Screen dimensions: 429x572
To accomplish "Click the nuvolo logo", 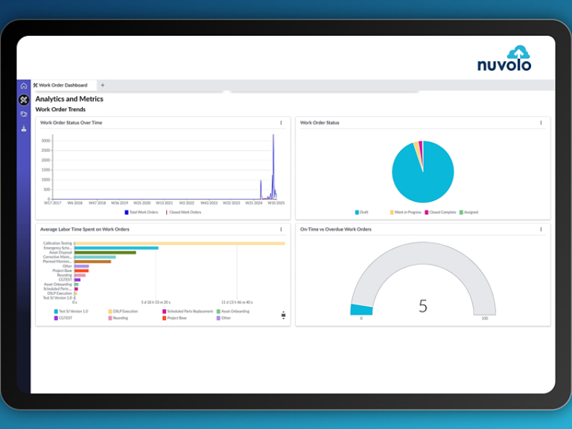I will click(504, 59).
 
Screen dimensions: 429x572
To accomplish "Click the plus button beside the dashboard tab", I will click(103, 86).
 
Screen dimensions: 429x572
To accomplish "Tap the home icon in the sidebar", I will click(24, 86).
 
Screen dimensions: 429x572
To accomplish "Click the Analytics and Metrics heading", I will click(69, 99).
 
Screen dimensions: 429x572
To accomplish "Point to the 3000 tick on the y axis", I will click(46, 140).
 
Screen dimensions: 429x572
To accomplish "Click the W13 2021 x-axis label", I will click(164, 203).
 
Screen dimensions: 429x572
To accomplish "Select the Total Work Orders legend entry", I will click(142, 212).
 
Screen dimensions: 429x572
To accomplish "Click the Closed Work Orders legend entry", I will click(184, 212).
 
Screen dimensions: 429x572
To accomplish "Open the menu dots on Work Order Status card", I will click(541, 123).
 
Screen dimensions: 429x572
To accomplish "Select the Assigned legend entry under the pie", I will click(468, 212).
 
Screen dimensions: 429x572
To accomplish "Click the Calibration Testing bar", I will click(179, 243).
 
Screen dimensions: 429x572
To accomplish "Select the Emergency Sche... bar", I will click(116, 248).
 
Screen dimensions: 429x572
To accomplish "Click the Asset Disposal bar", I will click(104, 252).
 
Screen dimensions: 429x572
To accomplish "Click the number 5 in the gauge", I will click(423, 305).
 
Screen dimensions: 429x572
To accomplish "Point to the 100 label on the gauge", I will click(485, 318).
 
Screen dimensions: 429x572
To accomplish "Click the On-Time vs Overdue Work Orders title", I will click(335, 229).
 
